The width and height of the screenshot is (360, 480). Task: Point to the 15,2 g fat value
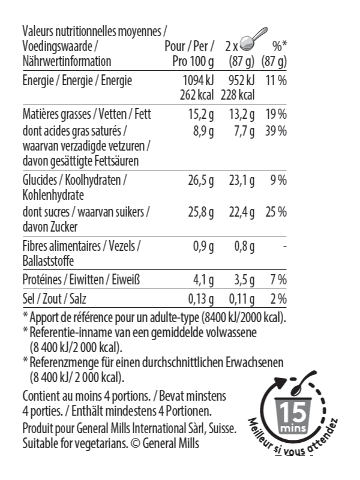(200, 115)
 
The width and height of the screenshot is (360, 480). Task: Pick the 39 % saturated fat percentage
(276, 131)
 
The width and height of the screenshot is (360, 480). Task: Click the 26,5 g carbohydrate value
(200, 180)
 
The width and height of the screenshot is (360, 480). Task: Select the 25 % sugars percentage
(276, 212)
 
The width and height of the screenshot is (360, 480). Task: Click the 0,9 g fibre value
(203, 245)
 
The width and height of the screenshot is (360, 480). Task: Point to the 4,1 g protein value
(203, 279)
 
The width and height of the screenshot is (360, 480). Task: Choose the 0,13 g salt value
(200, 298)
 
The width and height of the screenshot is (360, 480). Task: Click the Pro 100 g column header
(193, 61)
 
